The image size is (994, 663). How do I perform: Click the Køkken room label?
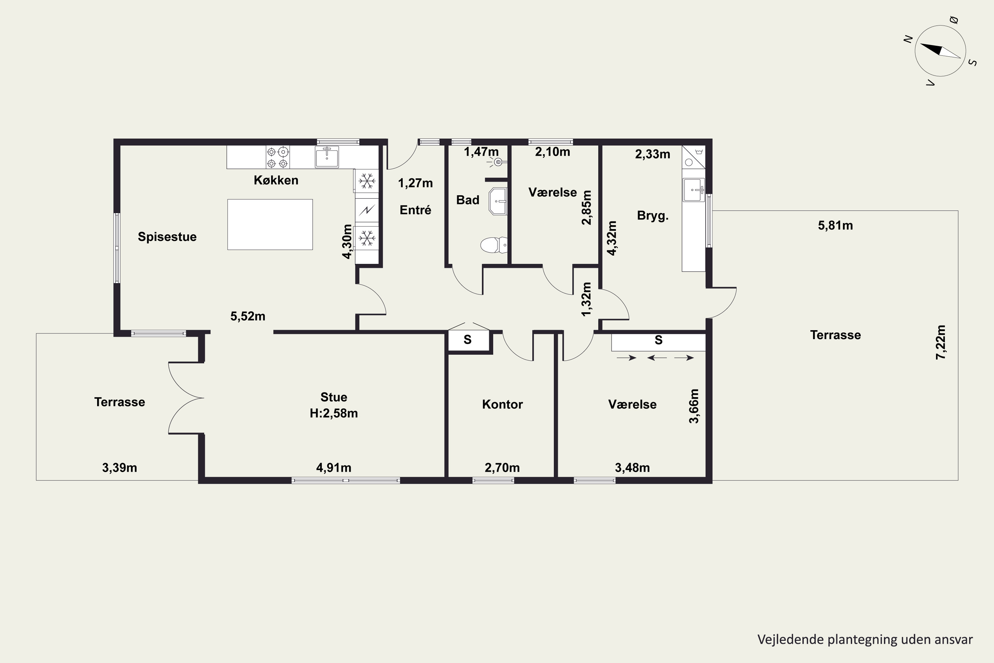click(x=276, y=180)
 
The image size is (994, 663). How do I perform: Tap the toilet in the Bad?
click(x=494, y=245)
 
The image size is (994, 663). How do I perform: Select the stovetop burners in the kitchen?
click(x=278, y=157)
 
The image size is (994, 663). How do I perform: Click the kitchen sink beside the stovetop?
click(x=327, y=157)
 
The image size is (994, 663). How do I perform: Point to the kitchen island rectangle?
click(x=270, y=224)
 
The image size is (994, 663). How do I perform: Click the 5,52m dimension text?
click(x=248, y=316)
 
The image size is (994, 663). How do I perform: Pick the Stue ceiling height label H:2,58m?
click(x=334, y=413)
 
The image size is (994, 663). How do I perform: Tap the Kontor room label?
click(x=503, y=404)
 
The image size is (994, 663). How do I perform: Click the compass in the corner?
click(x=940, y=51)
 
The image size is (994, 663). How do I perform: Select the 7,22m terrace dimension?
click(x=941, y=342)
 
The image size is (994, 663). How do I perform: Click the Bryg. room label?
click(x=652, y=216)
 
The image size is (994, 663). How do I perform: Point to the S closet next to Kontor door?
click(x=468, y=339)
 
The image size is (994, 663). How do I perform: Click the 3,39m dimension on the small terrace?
click(x=120, y=468)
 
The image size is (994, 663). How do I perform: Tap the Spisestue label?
click(x=167, y=237)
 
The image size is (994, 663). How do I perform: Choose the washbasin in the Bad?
click(x=498, y=201)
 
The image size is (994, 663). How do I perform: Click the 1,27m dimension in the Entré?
click(x=415, y=183)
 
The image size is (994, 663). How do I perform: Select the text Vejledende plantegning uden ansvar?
click(x=865, y=640)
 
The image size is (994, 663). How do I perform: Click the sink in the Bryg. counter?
click(x=694, y=190)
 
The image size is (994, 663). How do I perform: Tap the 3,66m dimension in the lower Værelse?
click(x=694, y=406)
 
